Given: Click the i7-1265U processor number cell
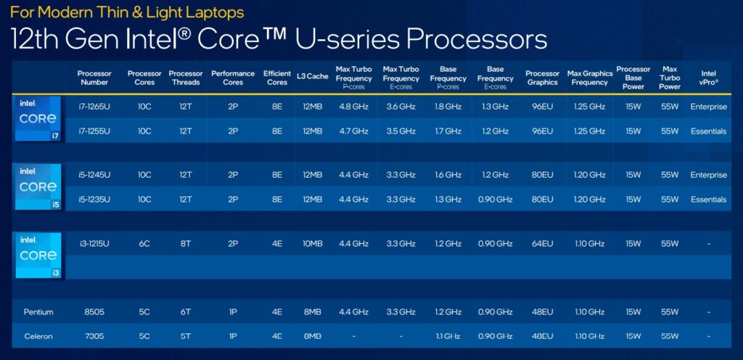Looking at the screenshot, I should (94, 107).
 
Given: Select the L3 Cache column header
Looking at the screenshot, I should (313, 76).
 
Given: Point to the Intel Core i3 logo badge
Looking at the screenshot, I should (38, 255).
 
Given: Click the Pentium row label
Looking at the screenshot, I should (38, 312).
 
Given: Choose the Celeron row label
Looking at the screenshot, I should (38, 336).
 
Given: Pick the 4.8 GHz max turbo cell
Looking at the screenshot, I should (353, 107).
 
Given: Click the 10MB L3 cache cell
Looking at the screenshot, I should (313, 245).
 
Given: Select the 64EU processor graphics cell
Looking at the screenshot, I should (542, 245).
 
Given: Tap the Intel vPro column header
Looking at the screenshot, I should (708, 78).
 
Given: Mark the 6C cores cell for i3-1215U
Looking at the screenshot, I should (144, 245).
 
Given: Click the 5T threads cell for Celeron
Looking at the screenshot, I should (186, 336).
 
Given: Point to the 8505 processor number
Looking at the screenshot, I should (94, 312).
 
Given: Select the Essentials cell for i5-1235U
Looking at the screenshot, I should (708, 200).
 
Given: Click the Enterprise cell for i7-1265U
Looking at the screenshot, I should (708, 107).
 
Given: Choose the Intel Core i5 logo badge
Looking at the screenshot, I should (38, 187).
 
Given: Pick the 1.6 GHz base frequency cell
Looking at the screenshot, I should (448, 175).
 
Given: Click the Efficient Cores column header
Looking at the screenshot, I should (277, 78).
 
